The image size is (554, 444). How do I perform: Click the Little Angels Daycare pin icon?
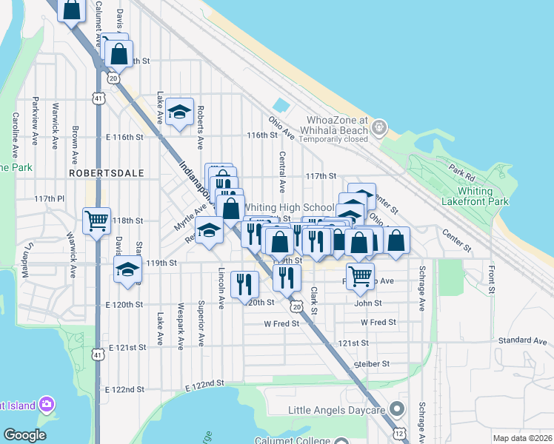396,409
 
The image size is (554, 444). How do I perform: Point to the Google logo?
24,435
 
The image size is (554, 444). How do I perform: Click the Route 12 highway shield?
399,431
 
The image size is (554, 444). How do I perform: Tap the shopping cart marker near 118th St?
97,220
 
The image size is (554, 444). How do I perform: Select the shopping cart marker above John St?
360,276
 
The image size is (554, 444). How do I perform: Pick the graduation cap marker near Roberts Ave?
178,111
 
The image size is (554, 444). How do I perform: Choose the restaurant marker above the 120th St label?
244,284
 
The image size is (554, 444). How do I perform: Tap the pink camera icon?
47,404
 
